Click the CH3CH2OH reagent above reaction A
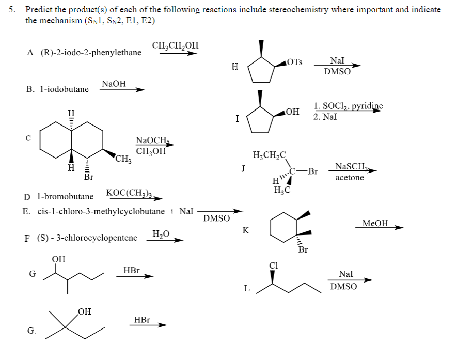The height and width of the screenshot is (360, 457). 175,46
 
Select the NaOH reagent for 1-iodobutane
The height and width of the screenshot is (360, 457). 114,84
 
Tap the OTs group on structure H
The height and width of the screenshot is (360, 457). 295,62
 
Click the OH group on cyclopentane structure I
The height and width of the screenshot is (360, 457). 293,112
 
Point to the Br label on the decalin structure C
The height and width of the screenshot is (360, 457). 89,177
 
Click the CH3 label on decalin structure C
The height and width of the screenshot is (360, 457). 123,159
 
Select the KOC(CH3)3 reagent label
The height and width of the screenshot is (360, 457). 130,193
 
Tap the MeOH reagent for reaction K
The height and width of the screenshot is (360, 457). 375,223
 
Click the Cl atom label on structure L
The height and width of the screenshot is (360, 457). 274,265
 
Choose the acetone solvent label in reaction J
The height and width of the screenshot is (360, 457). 350,178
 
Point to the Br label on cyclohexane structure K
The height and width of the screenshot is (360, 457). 303,249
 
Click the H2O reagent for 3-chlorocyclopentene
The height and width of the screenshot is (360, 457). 161,234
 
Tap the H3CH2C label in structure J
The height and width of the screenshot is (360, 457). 270,155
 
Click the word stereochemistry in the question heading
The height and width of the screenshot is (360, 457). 298,10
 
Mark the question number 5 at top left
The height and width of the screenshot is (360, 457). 11,10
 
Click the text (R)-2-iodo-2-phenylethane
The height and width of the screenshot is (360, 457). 91,53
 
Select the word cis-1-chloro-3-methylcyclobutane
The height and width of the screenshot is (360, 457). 101,211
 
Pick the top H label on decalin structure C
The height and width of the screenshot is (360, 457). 71,113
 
